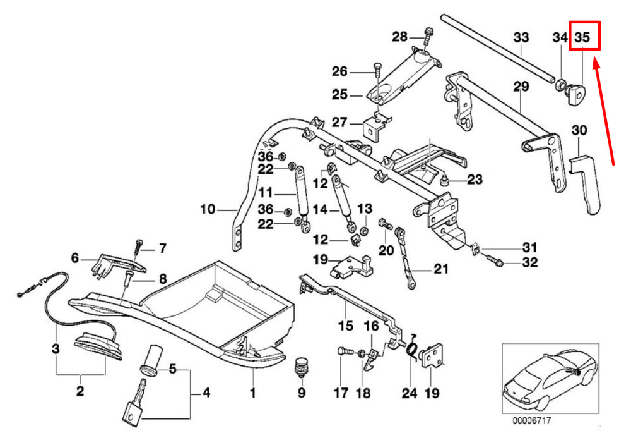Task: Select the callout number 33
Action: click(521, 37)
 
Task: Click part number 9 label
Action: click(301, 393)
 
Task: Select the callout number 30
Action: click(579, 131)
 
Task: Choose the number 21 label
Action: click(440, 270)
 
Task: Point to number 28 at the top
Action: click(400, 37)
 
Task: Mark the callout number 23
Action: click(475, 180)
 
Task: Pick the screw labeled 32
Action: click(495, 260)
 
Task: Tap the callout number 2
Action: click(80, 391)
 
